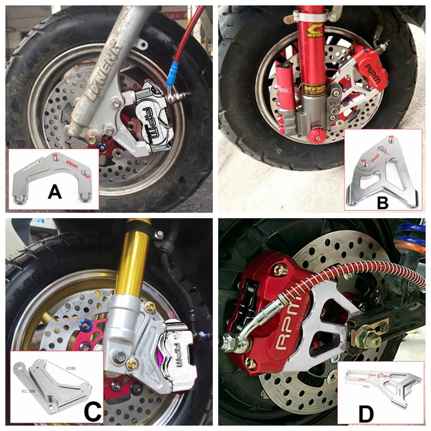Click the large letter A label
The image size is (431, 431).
click(54, 191)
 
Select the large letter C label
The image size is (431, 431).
click(92, 412)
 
